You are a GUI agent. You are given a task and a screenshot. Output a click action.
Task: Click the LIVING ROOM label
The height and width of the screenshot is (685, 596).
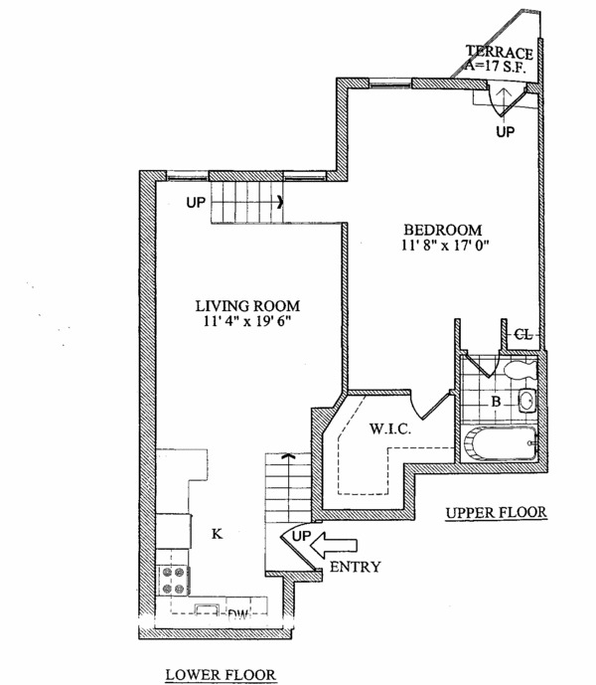point(247,306)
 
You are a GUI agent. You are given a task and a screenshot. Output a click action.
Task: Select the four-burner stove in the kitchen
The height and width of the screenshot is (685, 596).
point(174,580)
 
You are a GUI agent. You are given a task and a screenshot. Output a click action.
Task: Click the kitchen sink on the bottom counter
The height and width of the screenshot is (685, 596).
point(207,610)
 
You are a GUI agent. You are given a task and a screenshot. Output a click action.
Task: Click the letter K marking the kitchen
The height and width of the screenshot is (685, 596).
point(217,535)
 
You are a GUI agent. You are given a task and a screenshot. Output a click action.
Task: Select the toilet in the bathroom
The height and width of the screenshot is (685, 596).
point(518,371)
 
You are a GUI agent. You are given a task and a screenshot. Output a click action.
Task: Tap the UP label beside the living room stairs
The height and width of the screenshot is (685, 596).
point(195,204)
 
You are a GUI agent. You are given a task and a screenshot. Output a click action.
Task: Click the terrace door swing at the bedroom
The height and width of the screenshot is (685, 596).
point(503,96)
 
